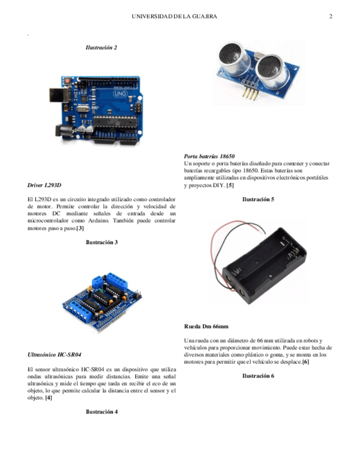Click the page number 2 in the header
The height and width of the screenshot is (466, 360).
click(x=331, y=16)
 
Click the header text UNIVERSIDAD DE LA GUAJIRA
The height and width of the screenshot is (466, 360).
click(x=175, y=16)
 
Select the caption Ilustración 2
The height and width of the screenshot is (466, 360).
click(x=101, y=48)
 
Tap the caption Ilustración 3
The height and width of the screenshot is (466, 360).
click(x=102, y=242)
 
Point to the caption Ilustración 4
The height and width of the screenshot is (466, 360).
click(x=102, y=411)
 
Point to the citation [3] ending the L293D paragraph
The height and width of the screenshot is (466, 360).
click(x=80, y=228)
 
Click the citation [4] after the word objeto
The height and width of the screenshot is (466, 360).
click(x=48, y=397)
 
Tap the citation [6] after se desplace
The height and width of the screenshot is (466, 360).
click(x=306, y=362)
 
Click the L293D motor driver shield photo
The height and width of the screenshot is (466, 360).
click(x=104, y=301)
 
